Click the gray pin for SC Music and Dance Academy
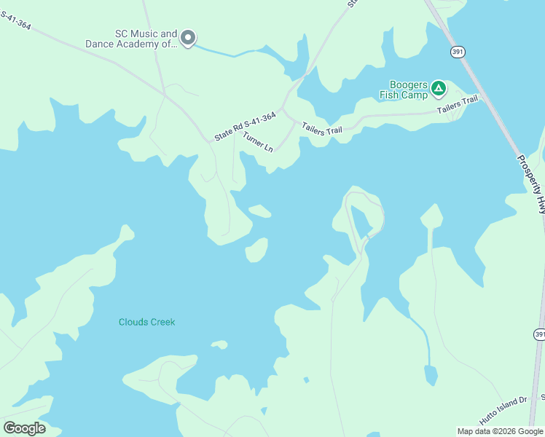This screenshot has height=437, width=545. coord(188,37)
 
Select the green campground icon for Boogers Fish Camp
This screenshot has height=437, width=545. coord(438,89)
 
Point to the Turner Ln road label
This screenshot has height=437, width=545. coord(258,141)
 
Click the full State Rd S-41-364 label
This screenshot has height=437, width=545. coord(245,126)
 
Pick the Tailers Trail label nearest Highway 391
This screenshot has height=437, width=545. coord(457,104)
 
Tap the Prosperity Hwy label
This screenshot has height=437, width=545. coord(530,184)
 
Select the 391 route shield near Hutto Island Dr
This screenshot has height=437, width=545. coord(539,334)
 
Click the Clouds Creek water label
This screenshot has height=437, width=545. coord(146,322)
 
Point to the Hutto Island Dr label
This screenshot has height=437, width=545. coord(503,412)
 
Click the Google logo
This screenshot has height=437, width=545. coord(24,428)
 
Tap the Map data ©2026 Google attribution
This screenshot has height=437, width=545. coord(499,431)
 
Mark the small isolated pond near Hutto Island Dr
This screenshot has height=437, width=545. coord(431,376)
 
